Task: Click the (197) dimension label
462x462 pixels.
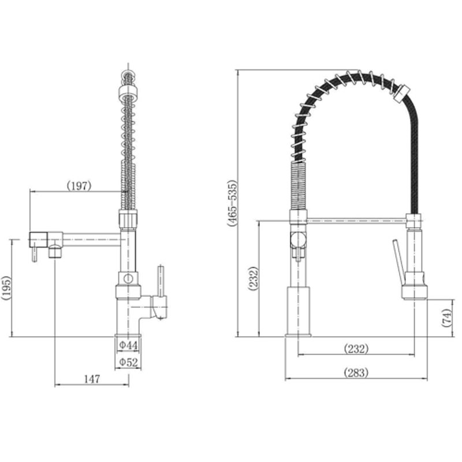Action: (79, 186)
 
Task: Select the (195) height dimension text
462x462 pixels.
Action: (6, 288)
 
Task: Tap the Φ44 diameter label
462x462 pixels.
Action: (128, 345)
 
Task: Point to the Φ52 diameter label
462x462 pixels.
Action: (128, 362)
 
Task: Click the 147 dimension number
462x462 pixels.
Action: (92, 379)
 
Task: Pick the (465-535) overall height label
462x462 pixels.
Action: (232, 204)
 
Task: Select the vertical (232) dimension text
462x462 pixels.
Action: (253, 278)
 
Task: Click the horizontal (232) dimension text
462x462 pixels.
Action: (356, 349)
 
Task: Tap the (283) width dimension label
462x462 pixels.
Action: (356, 372)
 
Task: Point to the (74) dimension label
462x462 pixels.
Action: (446, 317)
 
